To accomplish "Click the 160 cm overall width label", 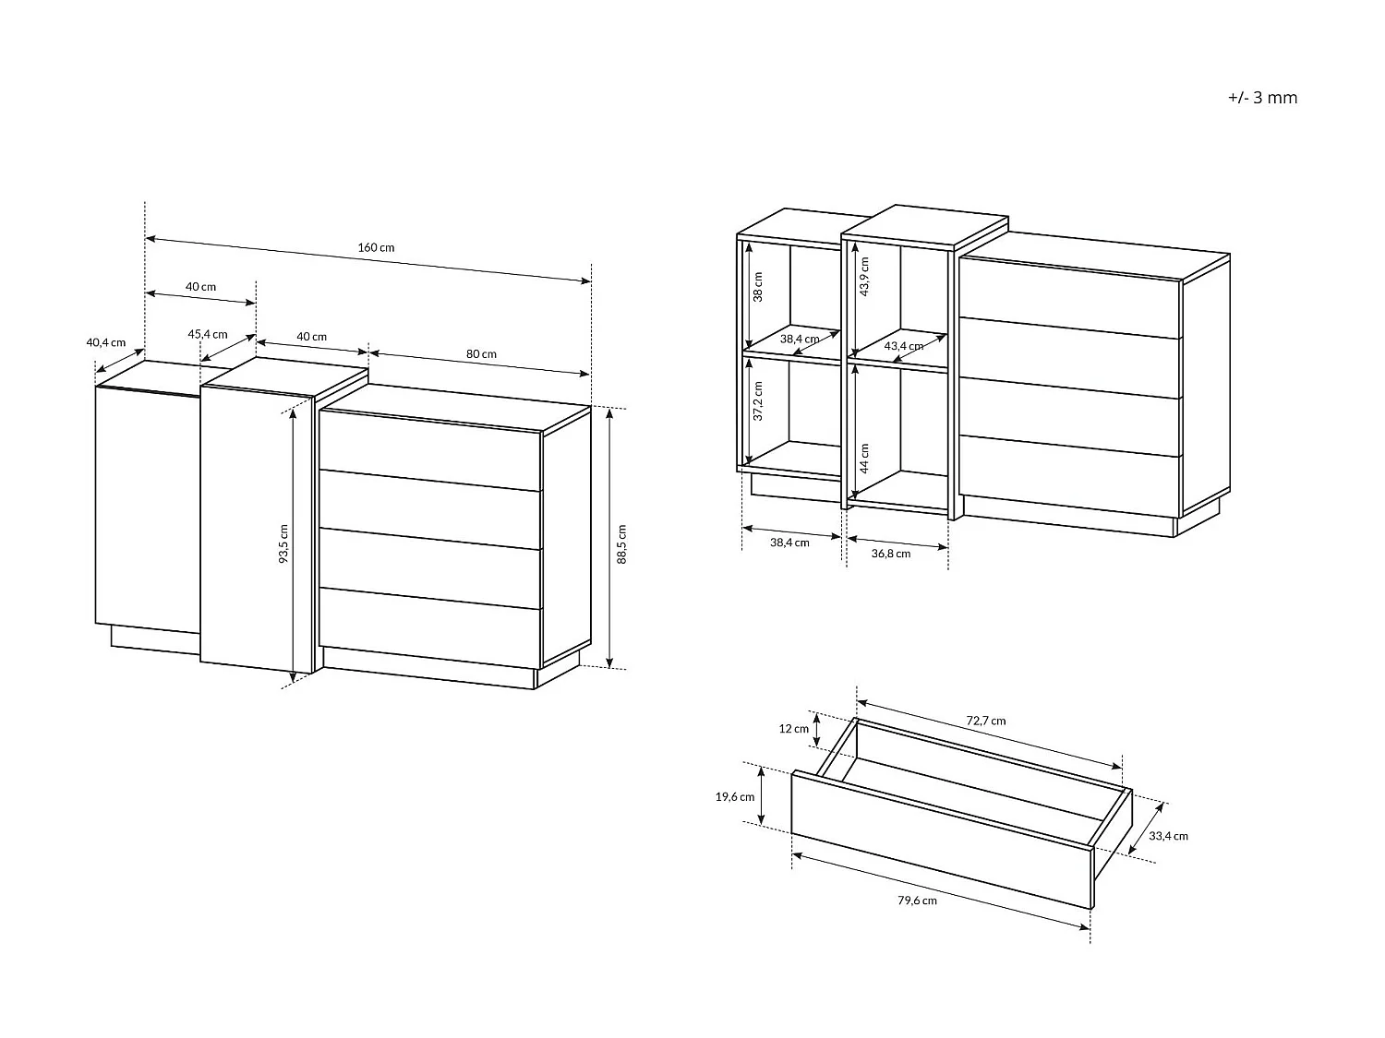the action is (376, 247).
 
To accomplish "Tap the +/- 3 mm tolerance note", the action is (1262, 98).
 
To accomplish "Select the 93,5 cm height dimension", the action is (284, 543).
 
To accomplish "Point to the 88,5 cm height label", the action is (622, 543).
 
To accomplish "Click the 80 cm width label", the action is (481, 354).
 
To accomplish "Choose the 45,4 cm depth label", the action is (208, 334).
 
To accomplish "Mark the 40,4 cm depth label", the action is (106, 342).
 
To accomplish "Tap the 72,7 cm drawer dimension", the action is (986, 721).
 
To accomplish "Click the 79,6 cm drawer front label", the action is (918, 901).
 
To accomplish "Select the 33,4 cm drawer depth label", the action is (1169, 836).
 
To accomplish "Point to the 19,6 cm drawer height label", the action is (735, 796).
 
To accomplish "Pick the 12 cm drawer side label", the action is (794, 729).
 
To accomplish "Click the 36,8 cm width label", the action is (891, 554).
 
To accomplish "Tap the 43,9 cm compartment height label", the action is (864, 276).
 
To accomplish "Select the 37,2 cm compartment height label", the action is (758, 400).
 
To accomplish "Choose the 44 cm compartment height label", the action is (864, 459).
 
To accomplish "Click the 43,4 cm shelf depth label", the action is (904, 346).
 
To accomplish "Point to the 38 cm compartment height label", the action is (758, 287).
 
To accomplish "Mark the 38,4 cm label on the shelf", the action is (800, 339).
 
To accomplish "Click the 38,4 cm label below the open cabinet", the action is (789, 542).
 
